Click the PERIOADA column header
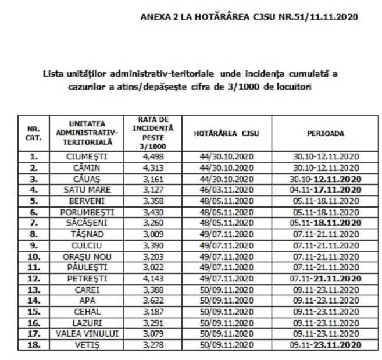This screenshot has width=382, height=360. pos(325,133)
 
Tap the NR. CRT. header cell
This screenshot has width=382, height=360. pos(33,133)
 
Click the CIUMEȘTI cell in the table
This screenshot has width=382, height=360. pos(90,156)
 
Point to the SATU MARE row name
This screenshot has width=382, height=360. pos(90,189)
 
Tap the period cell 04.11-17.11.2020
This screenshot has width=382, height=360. pos(325,189)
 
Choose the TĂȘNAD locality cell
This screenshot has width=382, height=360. pos(90,234)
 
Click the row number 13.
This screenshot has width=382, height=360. pos(33,290)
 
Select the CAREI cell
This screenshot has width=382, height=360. pos(90,290)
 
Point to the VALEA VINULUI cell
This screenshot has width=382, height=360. pos(90,334)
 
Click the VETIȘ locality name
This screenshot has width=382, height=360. pos(90,345)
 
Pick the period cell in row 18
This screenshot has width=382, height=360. pos(325,345)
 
